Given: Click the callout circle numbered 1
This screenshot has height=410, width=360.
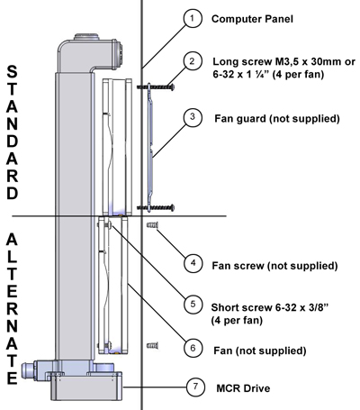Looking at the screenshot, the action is [x=193, y=18].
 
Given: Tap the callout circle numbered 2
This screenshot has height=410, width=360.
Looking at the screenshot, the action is [x=193, y=61].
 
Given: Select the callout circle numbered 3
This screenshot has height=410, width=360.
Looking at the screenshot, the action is [x=193, y=116].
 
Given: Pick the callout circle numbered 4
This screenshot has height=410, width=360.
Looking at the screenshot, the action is [x=193, y=263].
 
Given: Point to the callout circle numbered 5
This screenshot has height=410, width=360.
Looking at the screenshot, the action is [x=193, y=304].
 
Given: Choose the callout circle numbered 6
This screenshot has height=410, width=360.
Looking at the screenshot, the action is [x=193, y=348].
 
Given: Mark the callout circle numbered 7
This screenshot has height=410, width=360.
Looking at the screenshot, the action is [x=195, y=386].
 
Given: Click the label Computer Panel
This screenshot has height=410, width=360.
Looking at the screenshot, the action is [x=252, y=19].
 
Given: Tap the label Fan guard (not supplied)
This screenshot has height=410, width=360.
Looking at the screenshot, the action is [x=277, y=118].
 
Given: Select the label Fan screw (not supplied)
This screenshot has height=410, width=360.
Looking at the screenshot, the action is [x=274, y=266].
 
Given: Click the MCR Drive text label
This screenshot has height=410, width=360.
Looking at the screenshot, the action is [x=243, y=388].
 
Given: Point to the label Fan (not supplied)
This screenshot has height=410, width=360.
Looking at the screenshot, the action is [x=260, y=351].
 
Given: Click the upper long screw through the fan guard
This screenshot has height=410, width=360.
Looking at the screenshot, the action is [x=156, y=87].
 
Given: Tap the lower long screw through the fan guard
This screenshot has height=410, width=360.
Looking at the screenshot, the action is [x=156, y=207].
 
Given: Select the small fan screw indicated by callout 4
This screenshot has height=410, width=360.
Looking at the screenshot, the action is [x=152, y=225].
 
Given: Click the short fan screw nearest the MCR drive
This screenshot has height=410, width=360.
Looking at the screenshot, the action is [x=152, y=346].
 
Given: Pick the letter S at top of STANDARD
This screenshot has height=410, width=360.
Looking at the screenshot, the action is [x=12, y=72].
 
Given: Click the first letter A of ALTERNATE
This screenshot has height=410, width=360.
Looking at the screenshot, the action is [x=12, y=240].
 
